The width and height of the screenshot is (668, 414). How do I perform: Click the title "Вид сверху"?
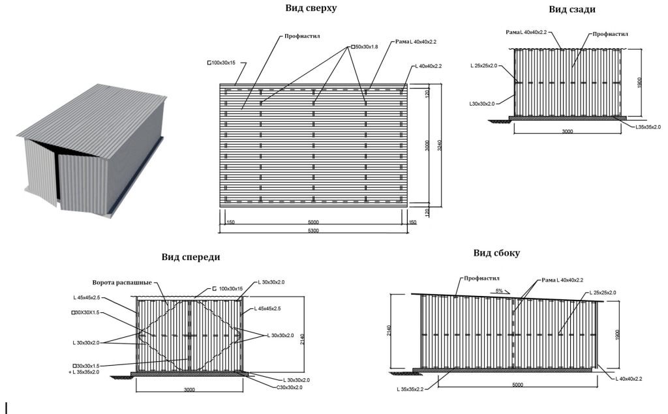tap(311, 8)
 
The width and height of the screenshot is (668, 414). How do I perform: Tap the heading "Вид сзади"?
tap(571, 9)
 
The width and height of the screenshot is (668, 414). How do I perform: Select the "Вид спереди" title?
tap(190, 257)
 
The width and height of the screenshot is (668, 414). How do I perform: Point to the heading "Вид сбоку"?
tap(496, 253)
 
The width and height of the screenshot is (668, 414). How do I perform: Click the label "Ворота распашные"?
tap(123, 283)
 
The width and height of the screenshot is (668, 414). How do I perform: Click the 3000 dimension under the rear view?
tap(567, 132)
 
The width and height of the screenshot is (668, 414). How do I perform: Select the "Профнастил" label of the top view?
tap(301, 37)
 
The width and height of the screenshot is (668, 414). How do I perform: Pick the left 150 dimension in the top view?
tap(230, 222)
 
